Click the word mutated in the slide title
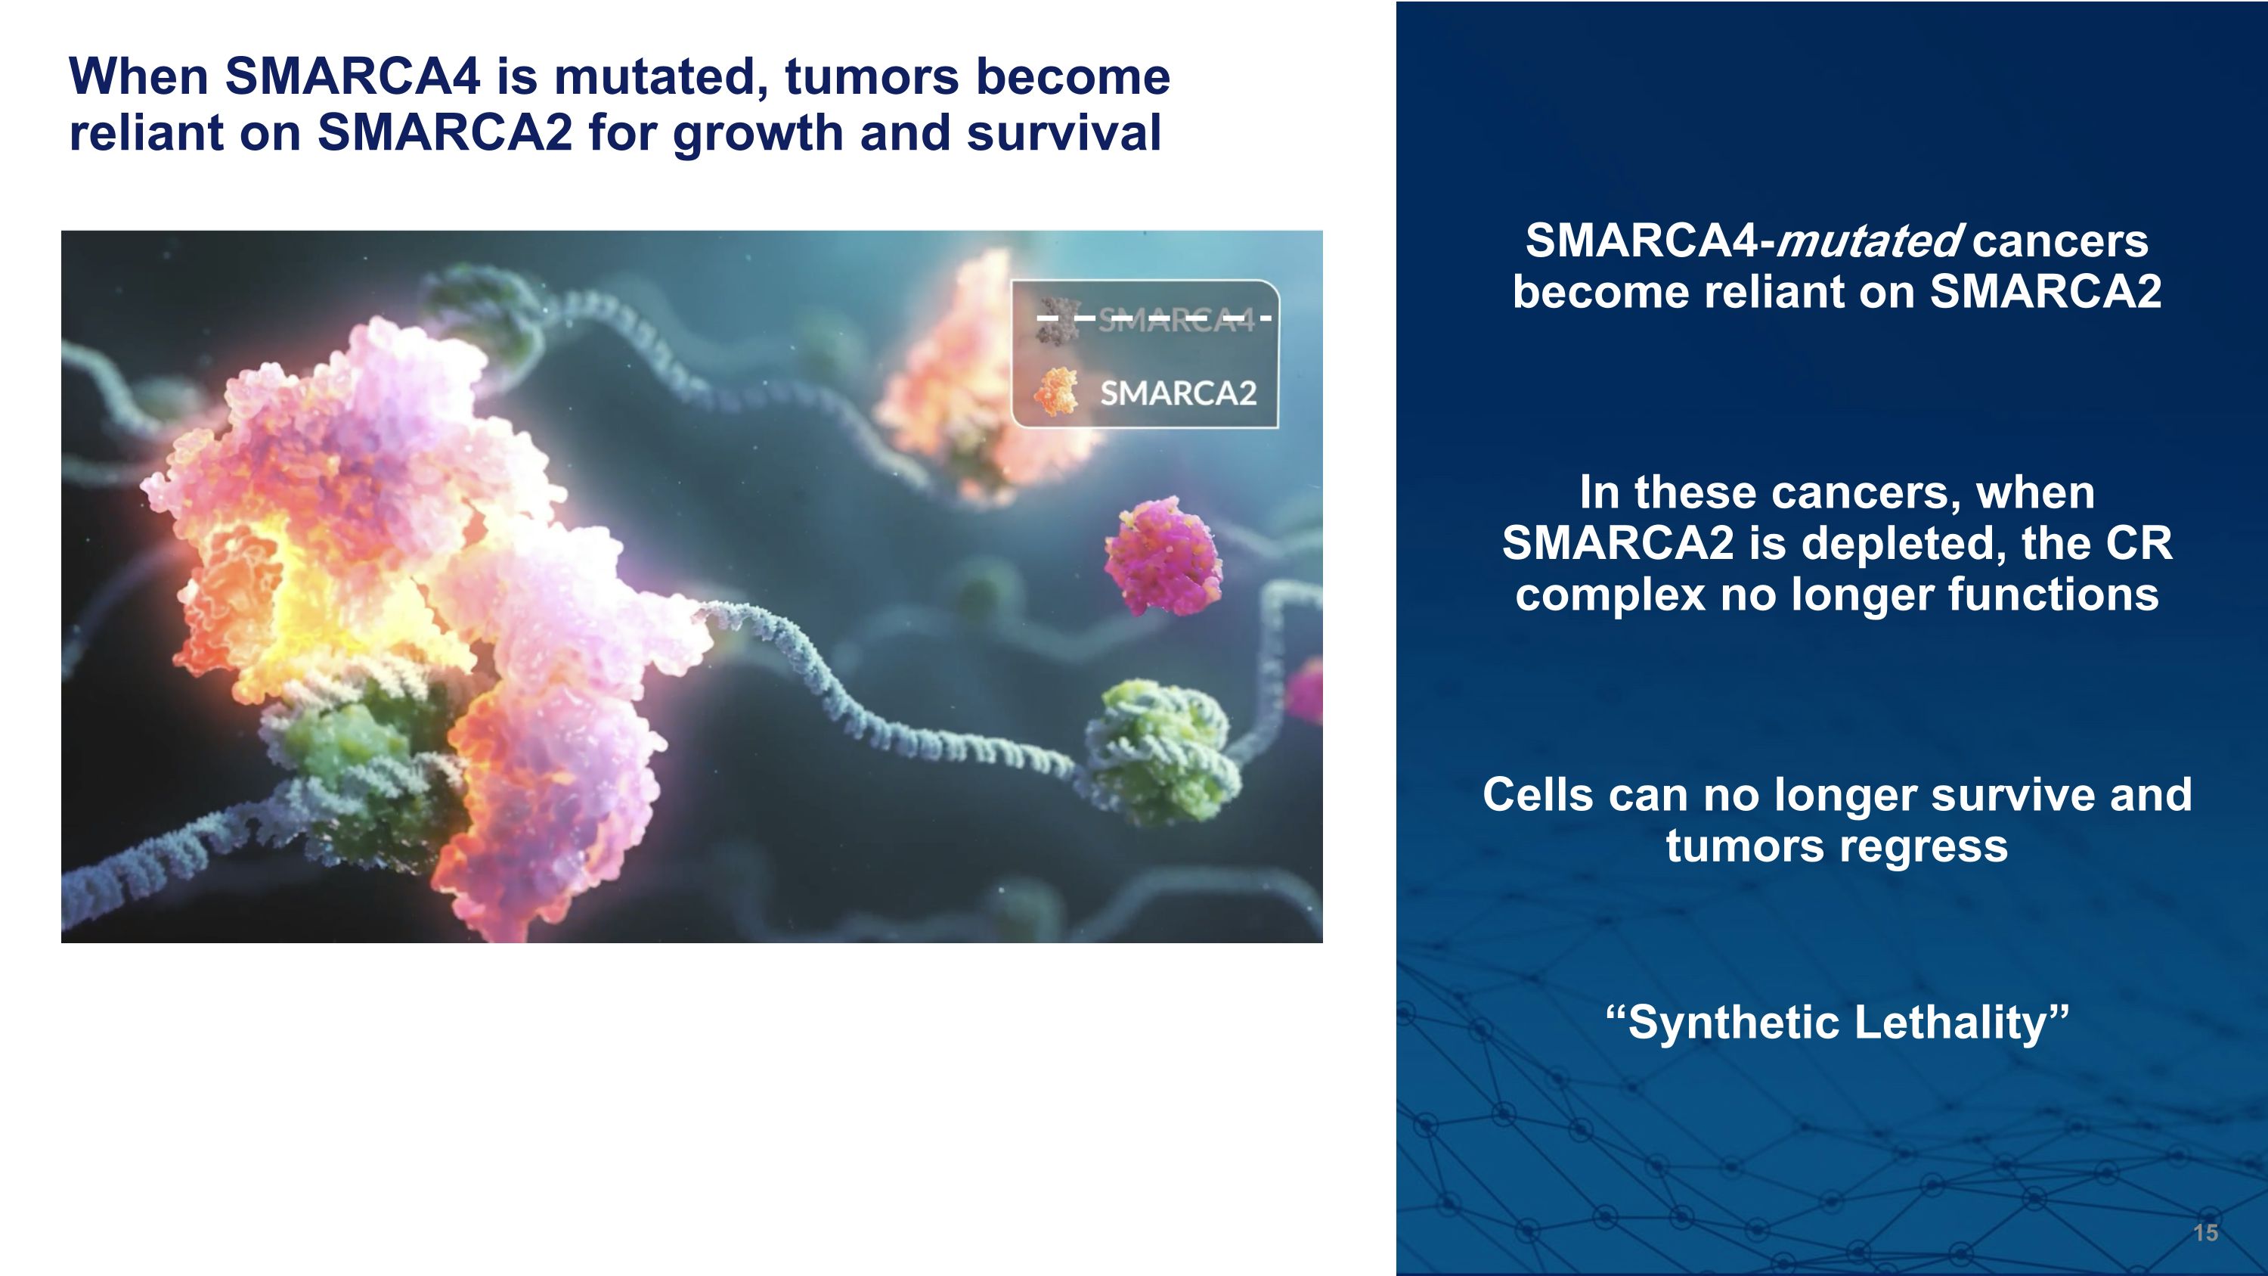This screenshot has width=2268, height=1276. point(661,76)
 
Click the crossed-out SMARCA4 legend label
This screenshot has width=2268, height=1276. point(1176,318)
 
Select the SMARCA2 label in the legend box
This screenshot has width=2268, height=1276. point(1178,393)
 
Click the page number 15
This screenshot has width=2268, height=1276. point(2204,1232)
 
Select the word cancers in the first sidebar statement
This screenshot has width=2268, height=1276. point(2060,241)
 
